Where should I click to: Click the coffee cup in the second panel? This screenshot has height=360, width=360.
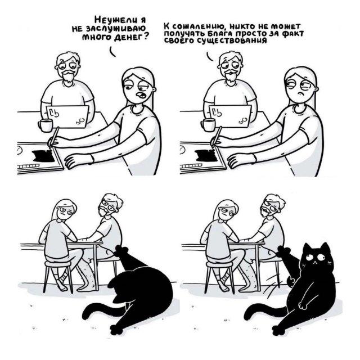click(x=208, y=124)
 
